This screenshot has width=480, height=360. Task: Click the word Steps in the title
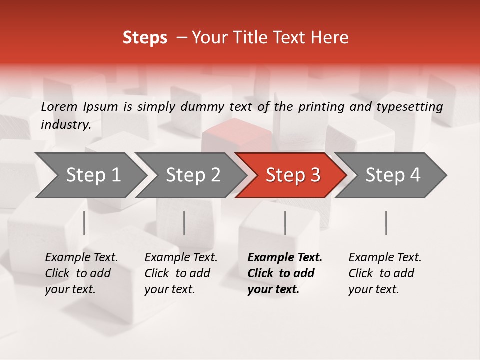(x=145, y=38)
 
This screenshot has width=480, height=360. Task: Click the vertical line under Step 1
(x=84, y=223)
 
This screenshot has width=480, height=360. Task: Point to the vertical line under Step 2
(x=184, y=223)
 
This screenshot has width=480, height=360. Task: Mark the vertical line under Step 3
(x=285, y=223)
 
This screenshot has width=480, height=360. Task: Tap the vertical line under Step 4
(x=386, y=223)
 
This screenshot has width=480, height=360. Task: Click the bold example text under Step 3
(x=284, y=273)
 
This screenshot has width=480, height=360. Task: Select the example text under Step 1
(x=81, y=273)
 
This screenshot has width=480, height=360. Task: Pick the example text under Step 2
(x=181, y=273)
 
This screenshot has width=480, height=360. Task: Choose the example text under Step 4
(x=385, y=273)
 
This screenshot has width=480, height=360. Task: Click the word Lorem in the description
(x=59, y=106)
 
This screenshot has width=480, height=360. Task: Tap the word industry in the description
(x=65, y=125)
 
